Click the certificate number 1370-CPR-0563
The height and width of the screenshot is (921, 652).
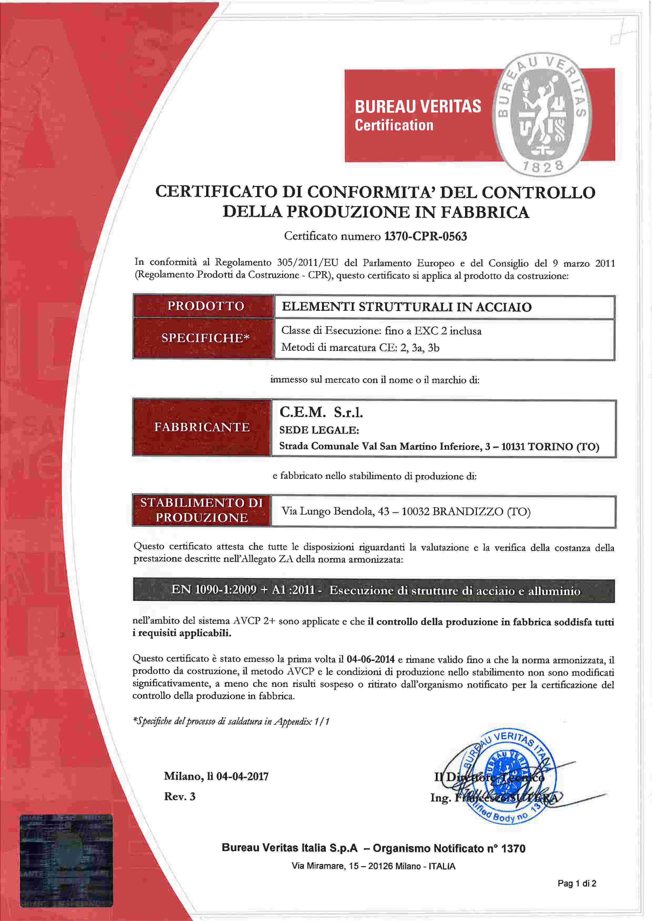point(426,236)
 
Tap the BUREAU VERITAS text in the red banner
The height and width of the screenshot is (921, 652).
point(417,107)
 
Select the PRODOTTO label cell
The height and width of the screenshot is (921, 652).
point(206,306)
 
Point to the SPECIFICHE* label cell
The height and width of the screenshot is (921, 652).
point(206,338)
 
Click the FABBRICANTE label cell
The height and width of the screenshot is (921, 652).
point(202,427)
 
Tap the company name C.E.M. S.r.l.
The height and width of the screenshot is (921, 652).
point(321,412)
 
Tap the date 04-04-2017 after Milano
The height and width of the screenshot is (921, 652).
point(242,776)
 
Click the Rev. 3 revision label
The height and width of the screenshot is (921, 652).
point(180,796)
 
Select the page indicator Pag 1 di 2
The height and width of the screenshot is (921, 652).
point(577,883)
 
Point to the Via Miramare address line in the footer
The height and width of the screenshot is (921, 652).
point(373,866)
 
